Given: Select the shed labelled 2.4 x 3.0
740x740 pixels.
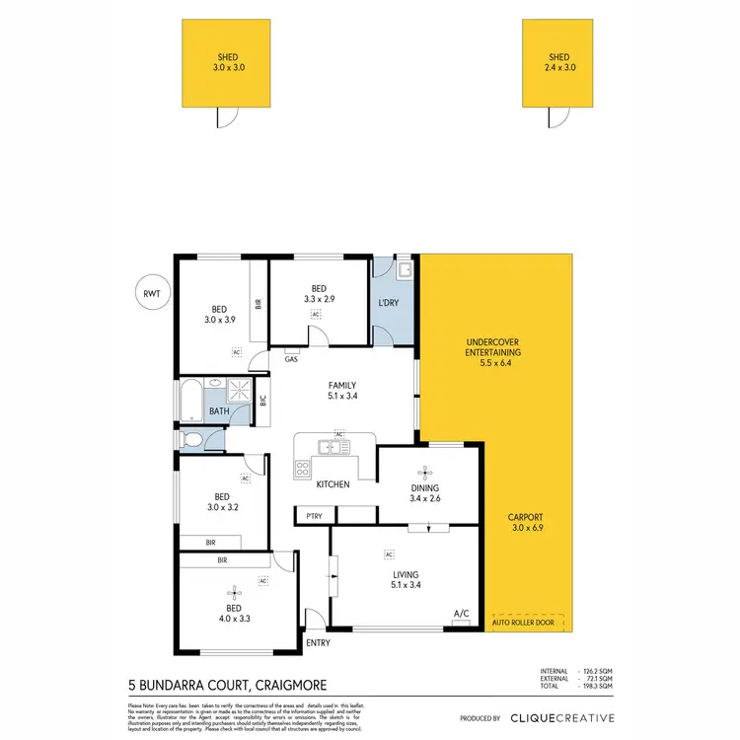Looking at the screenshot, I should (x=558, y=63).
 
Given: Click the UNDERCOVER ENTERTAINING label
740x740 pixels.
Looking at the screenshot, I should (x=493, y=352).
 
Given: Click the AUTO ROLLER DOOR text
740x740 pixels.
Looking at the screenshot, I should (x=524, y=624).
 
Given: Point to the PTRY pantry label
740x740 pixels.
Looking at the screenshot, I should (x=314, y=516).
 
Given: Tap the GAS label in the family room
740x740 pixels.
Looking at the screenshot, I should (x=291, y=359).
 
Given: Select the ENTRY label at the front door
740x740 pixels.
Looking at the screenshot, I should (x=319, y=644).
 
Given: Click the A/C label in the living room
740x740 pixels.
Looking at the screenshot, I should (x=461, y=613).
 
